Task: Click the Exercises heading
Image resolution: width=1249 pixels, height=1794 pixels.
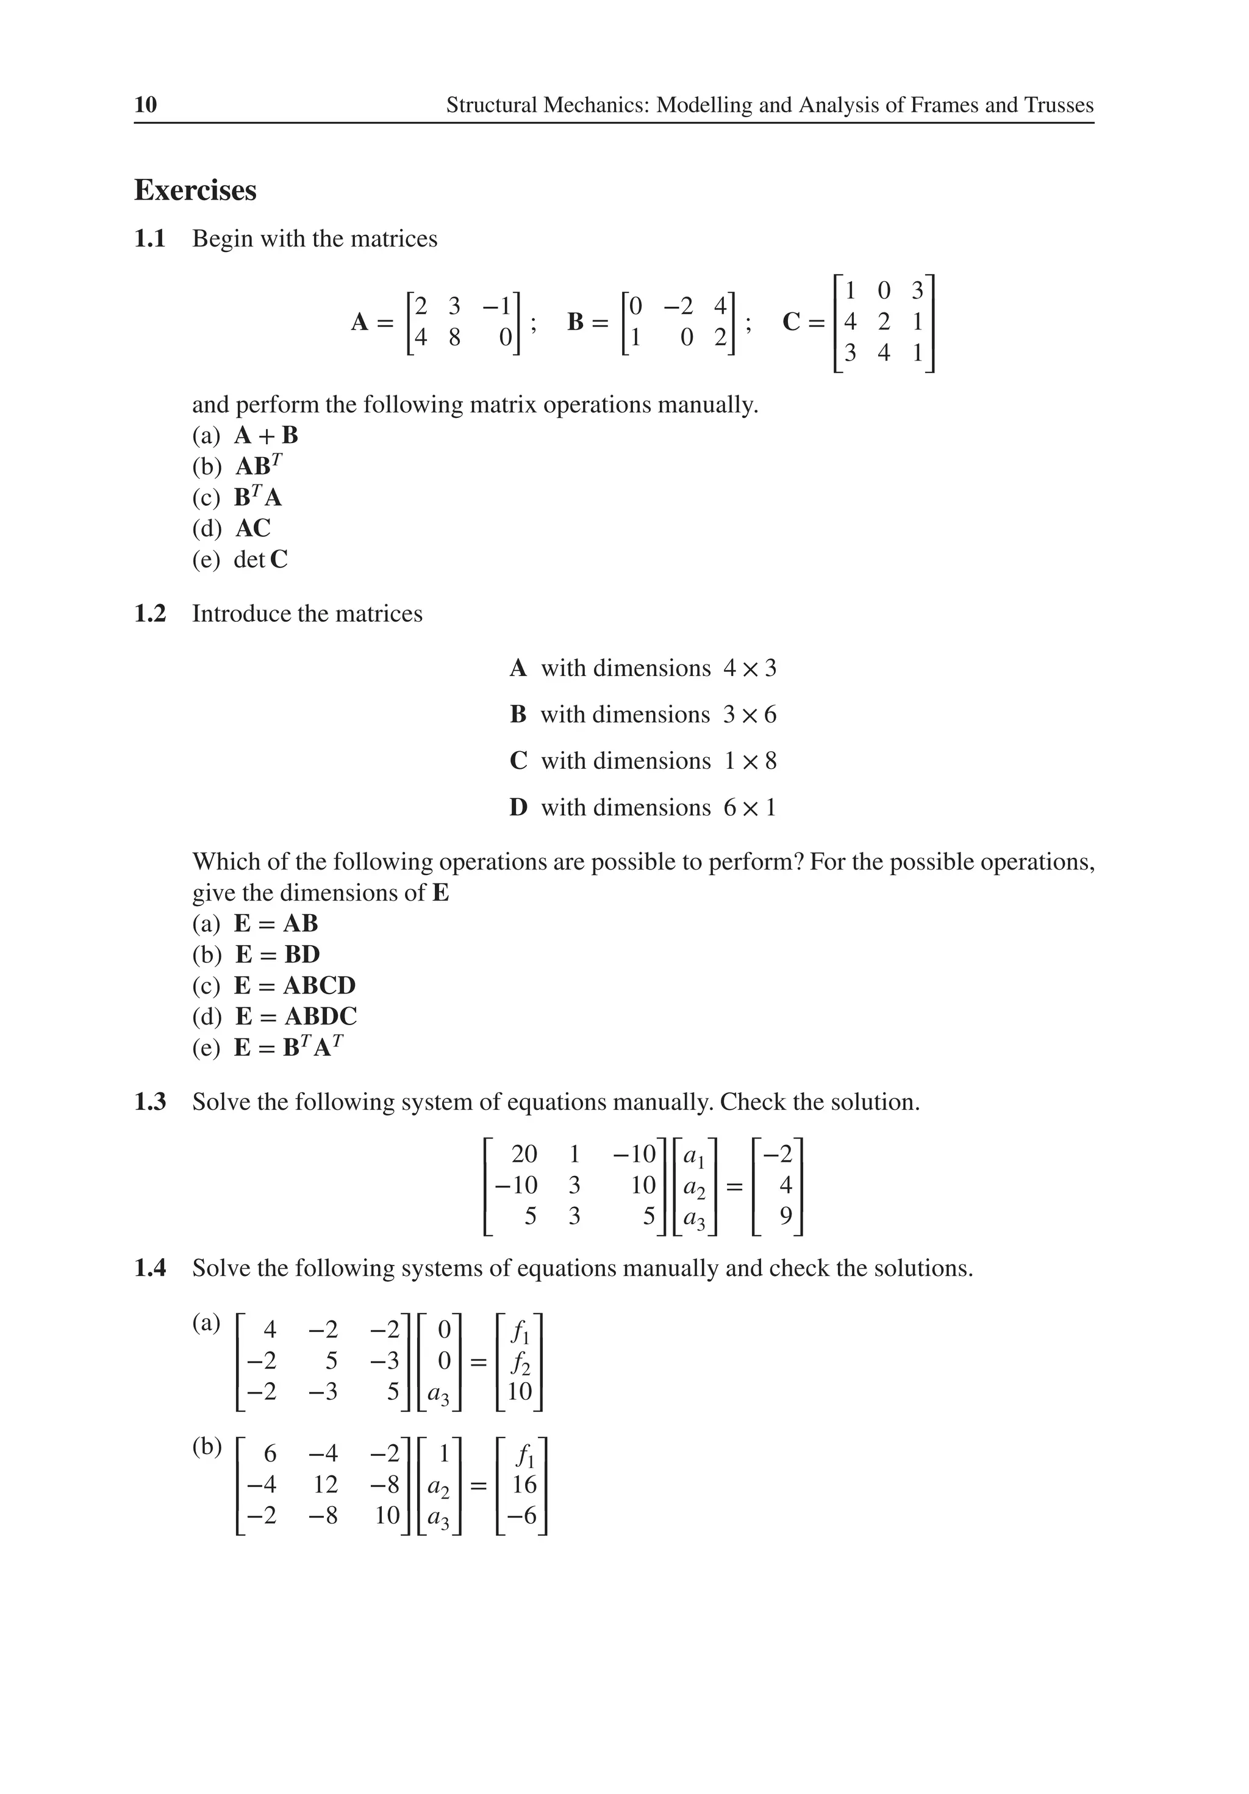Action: (x=195, y=190)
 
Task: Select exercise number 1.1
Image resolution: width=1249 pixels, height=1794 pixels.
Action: (x=150, y=239)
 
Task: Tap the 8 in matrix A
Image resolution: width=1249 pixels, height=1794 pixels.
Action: (x=454, y=337)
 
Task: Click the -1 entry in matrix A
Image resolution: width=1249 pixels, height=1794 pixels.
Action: (x=497, y=306)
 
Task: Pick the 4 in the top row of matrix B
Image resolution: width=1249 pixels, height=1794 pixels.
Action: (x=720, y=306)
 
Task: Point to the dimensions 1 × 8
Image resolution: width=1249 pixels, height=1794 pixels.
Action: (x=749, y=760)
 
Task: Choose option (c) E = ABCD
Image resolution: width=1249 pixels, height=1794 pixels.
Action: (x=295, y=985)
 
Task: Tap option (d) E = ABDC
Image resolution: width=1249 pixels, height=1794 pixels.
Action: (x=296, y=1016)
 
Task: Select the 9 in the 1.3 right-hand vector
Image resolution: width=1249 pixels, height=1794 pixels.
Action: (x=786, y=1216)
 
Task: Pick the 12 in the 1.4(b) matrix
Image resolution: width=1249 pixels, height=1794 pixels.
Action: (x=325, y=1485)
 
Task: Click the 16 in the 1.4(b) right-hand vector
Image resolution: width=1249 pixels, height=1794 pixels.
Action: (x=524, y=1485)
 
